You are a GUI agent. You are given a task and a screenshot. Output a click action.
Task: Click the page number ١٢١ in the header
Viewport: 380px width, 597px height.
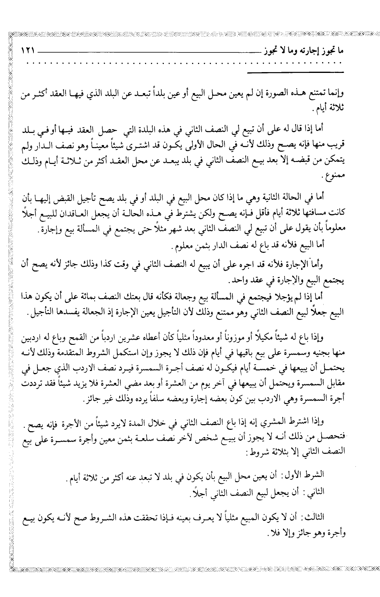[28, 52]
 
